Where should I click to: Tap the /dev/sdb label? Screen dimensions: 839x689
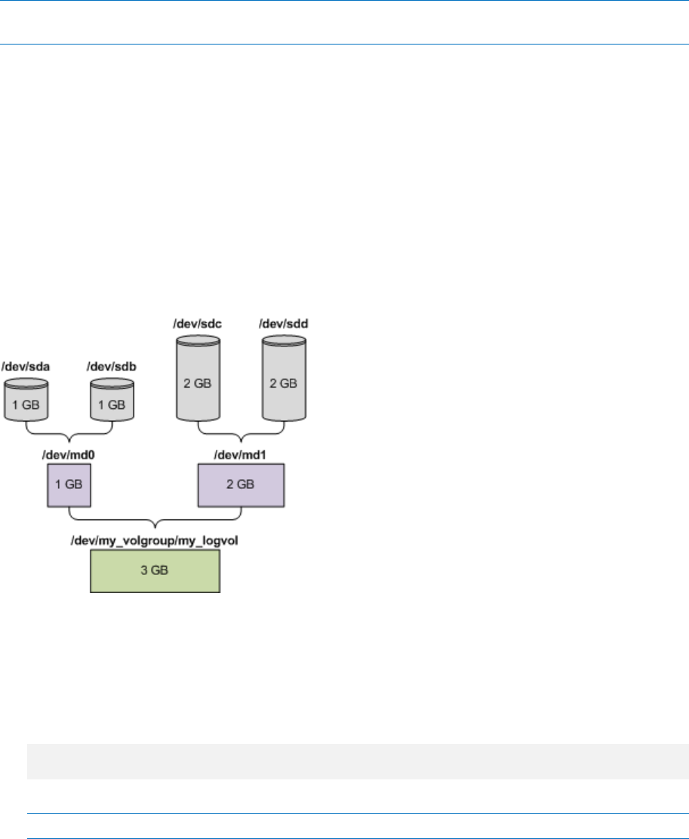112,367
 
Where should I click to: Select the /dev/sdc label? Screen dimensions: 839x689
198,324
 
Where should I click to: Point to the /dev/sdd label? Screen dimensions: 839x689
284,324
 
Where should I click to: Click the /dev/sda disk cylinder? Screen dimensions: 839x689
27,400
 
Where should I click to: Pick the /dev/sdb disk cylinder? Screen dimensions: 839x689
112,400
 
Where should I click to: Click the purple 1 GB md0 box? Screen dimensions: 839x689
68,484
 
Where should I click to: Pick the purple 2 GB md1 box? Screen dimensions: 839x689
240,484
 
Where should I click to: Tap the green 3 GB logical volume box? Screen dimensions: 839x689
155,570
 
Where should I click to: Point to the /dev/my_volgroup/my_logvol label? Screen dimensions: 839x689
155,540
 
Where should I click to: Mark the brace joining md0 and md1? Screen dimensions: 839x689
155,520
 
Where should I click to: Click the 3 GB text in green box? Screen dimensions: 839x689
155,570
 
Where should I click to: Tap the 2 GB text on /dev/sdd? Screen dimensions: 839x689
284,383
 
